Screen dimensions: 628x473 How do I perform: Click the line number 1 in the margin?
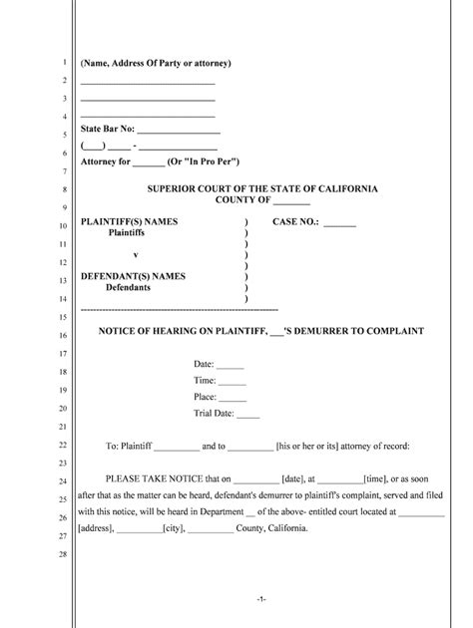tap(63, 63)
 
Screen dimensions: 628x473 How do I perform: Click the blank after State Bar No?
tap(178, 131)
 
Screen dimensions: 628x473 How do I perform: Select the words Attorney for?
tap(105, 161)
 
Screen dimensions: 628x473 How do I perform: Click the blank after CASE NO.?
tap(339, 224)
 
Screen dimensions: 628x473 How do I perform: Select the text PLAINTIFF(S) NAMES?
tap(130, 221)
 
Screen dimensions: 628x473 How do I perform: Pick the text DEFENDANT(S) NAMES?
tap(133, 276)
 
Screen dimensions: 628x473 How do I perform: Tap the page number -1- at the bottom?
tap(259, 598)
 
